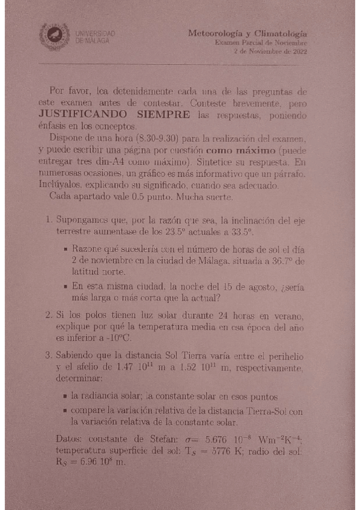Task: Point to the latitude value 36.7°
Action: pyautogui.click(x=283, y=261)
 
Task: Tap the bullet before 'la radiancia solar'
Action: pyautogui.click(x=64, y=397)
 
